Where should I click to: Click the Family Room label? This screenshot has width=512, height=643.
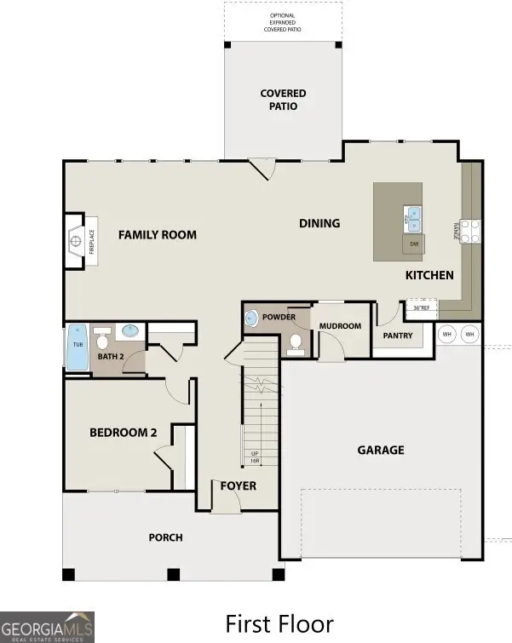click(x=157, y=235)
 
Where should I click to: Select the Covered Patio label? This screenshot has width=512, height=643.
click(x=283, y=100)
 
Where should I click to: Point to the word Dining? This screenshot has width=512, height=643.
click(x=319, y=224)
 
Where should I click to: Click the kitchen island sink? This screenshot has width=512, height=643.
click(x=411, y=219)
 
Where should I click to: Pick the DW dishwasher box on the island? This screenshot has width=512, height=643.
click(x=414, y=244)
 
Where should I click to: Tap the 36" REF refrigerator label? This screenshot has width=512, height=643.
click(x=421, y=307)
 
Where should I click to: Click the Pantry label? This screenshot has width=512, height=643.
click(x=397, y=336)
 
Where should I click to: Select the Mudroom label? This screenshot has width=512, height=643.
click(x=340, y=326)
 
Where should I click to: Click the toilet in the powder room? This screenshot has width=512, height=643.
click(x=296, y=342)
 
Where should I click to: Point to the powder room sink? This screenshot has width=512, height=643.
click(x=251, y=319)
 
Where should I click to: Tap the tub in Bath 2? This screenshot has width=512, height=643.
click(x=78, y=347)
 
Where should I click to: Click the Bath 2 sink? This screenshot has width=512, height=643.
click(x=131, y=330)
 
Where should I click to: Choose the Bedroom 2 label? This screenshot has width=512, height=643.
click(x=124, y=433)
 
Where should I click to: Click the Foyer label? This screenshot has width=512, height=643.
click(x=239, y=486)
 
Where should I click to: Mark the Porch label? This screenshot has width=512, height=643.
click(x=165, y=537)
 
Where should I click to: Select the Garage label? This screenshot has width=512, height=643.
click(x=380, y=450)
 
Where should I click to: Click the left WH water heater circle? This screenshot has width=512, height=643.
click(x=446, y=334)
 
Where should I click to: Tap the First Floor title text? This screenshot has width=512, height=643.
click(x=279, y=624)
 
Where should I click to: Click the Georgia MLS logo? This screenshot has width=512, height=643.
click(x=47, y=627)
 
